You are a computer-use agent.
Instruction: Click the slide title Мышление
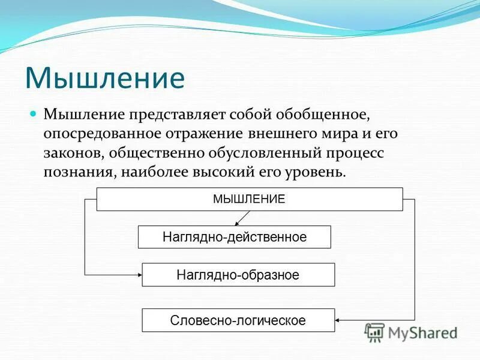click(104, 77)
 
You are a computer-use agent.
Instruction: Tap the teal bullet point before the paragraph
click(34, 113)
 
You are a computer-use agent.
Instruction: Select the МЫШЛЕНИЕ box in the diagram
click(249, 199)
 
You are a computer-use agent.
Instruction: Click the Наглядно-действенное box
click(234, 237)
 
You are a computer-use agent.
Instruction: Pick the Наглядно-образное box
click(238, 275)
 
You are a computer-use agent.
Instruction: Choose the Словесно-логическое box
click(238, 320)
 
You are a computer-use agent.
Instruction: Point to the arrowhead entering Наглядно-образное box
click(139, 275)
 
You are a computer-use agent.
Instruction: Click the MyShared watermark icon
click(374, 331)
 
